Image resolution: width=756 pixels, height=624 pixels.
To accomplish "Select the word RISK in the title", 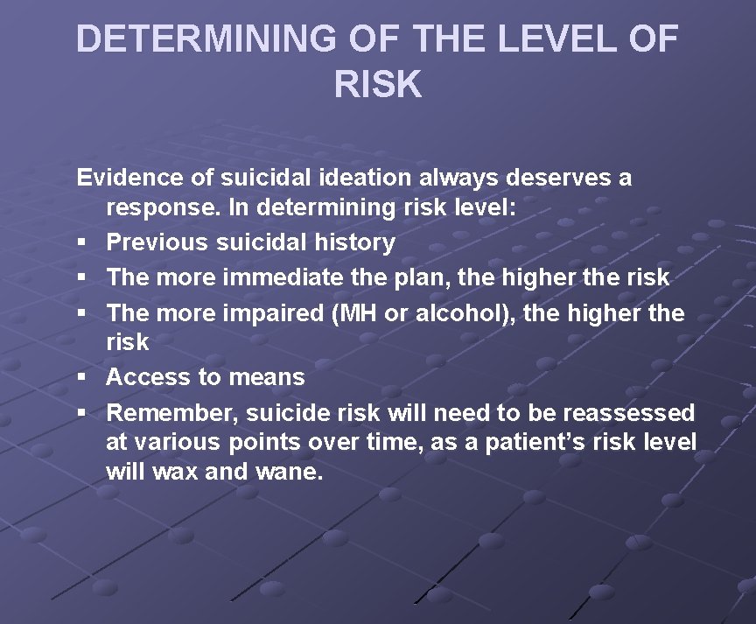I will pyautogui.click(x=378, y=85).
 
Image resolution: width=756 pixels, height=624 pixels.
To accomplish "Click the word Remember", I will pyautogui.click(x=172, y=412).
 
